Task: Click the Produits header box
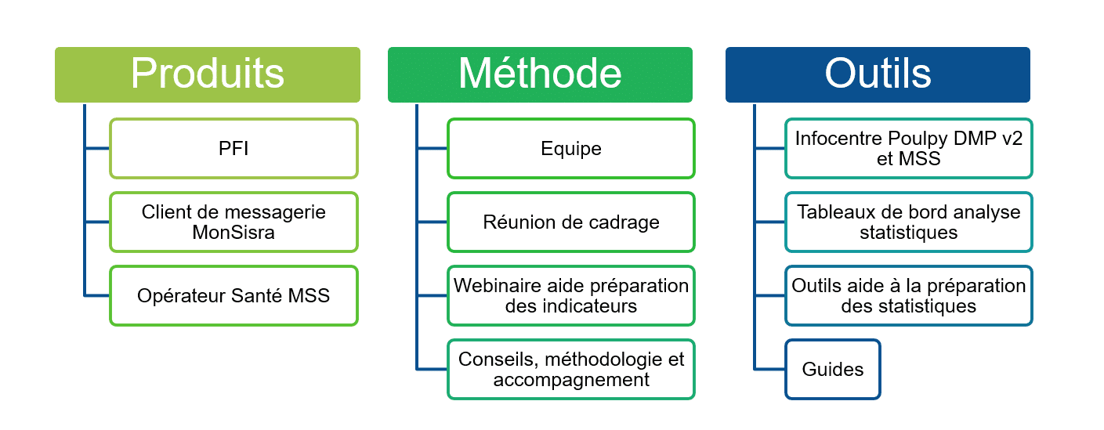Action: (208, 75)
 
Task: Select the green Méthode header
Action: (540, 75)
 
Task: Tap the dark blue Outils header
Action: (878, 75)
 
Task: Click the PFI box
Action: (233, 148)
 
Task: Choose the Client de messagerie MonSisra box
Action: (233, 222)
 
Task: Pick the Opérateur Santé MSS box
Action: (233, 295)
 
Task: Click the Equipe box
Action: (571, 148)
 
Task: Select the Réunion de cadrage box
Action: (571, 222)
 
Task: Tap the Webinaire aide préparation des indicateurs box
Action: (571, 295)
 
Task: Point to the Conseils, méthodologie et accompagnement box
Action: (571, 370)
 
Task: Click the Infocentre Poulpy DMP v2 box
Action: (909, 148)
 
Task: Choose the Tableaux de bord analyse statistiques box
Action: (909, 222)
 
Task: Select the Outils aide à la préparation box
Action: (909, 295)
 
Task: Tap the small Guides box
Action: (833, 370)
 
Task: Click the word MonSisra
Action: (233, 233)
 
